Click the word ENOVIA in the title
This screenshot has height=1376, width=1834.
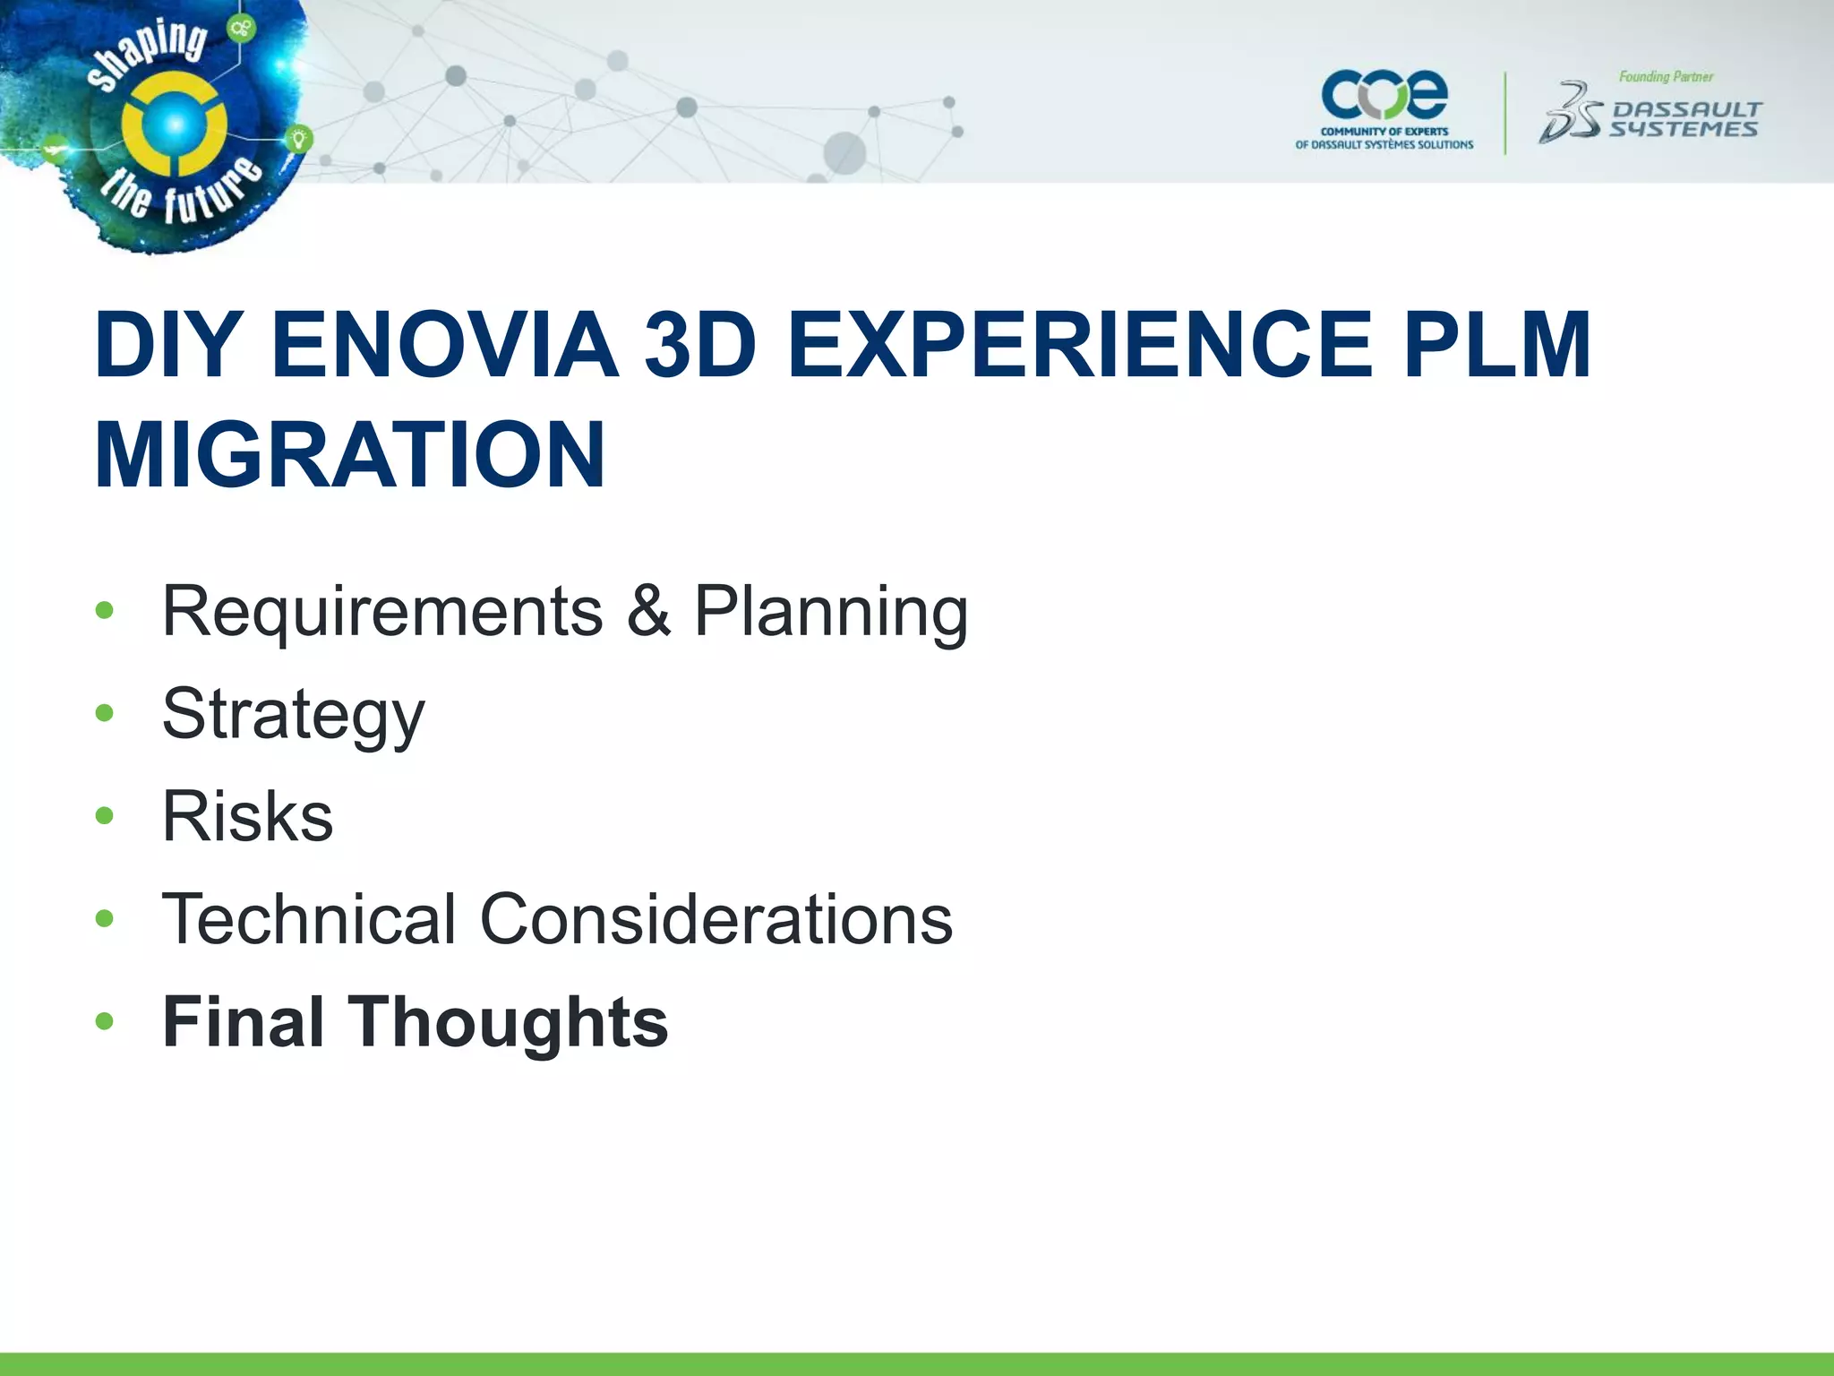tap(443, 345)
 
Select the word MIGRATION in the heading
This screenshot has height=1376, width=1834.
tap(350, 454)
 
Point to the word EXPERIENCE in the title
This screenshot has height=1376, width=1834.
tap(1078, 345)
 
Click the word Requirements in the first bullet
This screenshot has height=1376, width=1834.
tap(382, 612)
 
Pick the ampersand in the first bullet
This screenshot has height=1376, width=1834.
tap(648, 612)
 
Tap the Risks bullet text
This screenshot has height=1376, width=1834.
tap(247, 817)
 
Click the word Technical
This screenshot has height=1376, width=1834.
tap(309, 919)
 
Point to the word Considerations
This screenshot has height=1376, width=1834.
tap(716, 919)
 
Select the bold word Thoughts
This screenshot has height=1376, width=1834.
tap(508, 1023)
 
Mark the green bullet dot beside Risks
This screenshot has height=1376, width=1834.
tap(105, 815)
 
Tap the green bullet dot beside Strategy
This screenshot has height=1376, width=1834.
tap(105, 713)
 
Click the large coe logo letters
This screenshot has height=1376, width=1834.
tap(1384, 95)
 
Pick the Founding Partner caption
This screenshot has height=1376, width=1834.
tap(1666, 77)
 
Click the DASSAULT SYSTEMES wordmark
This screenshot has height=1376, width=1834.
tap(1684, 120)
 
